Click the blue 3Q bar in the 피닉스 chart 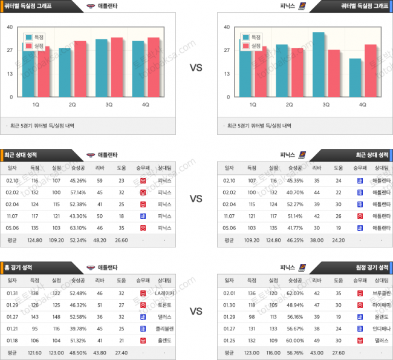[319, 65]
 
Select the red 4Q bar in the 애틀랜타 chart [153, 67]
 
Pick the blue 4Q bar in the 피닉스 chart [356, 77]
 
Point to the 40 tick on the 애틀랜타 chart [10, 27]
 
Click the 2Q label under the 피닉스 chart [289, 104]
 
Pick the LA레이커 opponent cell [164, 293]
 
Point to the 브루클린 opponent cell [381, 293]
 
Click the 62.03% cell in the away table [295, 293]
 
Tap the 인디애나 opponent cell [381, 329]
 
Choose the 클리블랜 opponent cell [164, 329]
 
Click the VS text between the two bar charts [196, 68]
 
